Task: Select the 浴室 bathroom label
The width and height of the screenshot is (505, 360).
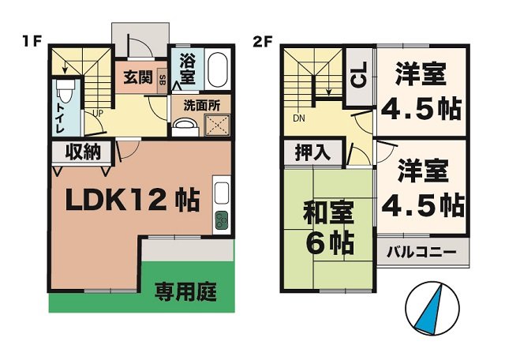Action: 188,69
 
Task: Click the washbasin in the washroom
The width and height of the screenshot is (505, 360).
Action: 185,126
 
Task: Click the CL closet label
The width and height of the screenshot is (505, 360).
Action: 358,77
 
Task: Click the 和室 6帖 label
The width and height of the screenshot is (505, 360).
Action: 329,225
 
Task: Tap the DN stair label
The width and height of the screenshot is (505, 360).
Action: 299,119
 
